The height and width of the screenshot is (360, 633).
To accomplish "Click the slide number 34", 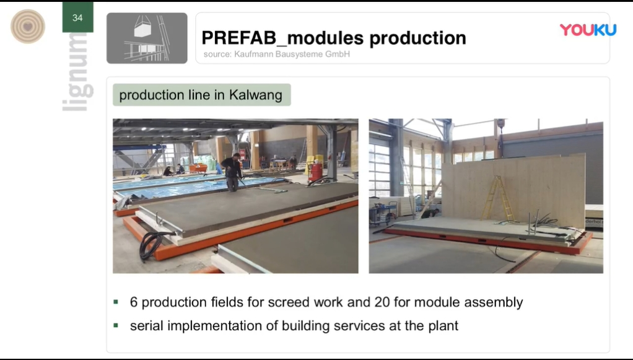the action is pos(77,18).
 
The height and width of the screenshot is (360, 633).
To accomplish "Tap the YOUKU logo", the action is pos(588,30).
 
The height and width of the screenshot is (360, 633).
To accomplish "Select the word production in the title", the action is pos(417,38).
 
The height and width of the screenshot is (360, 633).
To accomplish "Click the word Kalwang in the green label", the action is pos(256,95).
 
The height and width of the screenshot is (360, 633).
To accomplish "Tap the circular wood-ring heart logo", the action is pos(27,27).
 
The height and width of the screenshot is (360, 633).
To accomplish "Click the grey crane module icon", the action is pos(147,38).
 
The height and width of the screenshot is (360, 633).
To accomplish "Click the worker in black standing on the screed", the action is pos(232,172).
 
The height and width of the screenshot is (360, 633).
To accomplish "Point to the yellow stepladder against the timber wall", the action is pos(497,198).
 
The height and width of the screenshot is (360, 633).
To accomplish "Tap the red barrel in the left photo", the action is pos(315,171).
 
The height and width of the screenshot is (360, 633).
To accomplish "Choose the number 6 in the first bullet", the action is pos(134,302).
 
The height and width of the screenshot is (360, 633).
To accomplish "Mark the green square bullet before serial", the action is pos(116,325).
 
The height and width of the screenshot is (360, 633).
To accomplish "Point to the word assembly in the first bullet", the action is pos(493,302).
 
